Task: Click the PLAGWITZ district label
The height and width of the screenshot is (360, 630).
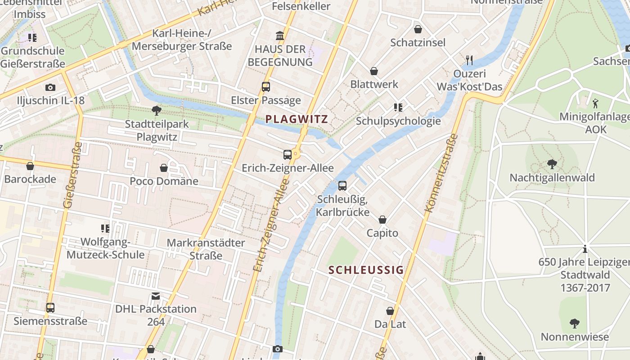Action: pyautogui.click(x=296, y=119)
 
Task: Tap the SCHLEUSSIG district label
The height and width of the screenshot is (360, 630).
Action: pyautogui.click(x=366, y=270)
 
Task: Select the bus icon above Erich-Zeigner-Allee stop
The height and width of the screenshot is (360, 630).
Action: pyautogui.click(x=288, y=155)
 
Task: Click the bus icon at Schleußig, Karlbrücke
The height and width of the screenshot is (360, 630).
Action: pyautogui.click(x=342, y=185)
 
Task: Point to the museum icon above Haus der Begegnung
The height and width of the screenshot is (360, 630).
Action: pyautogui.click(x=280, y=36)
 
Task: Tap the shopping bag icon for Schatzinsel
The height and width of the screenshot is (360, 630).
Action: pyautogui.click(x=418, y=29)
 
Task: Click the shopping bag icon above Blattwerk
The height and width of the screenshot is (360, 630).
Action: pyautogui.click(x=374, y=71)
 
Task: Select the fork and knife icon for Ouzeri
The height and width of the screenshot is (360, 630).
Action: pyautogui.click(x=469, y=60)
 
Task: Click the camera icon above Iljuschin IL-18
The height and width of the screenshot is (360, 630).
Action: pyautogui.click(x=50, y=87)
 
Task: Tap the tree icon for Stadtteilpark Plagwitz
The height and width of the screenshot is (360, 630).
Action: pyautogui.click(x=157, y=110)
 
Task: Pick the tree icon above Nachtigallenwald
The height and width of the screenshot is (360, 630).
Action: pyautogui.click(x=552, y=164)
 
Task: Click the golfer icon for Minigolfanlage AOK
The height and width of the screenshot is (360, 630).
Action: pyautogui.click(x=595, y=103)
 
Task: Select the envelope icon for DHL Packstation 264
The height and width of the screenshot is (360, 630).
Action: pyautogui.click(x=156, y=296)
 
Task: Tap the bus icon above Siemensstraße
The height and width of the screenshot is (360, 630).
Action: pyautogui.click(x=50, y=308)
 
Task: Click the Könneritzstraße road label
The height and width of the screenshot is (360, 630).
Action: pyautogui.click(x=441, y=173)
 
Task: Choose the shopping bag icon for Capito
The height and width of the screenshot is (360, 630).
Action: pyautogui.click(x=382, y=220)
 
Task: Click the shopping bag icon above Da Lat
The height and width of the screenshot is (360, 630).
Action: pyautogui.click(x=390, y=311)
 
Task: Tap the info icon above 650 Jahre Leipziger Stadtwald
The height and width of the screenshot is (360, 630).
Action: pyautogui.click(x=585, y=248)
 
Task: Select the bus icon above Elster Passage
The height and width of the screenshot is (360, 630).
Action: pyautogui.click(x=266, y=87)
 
